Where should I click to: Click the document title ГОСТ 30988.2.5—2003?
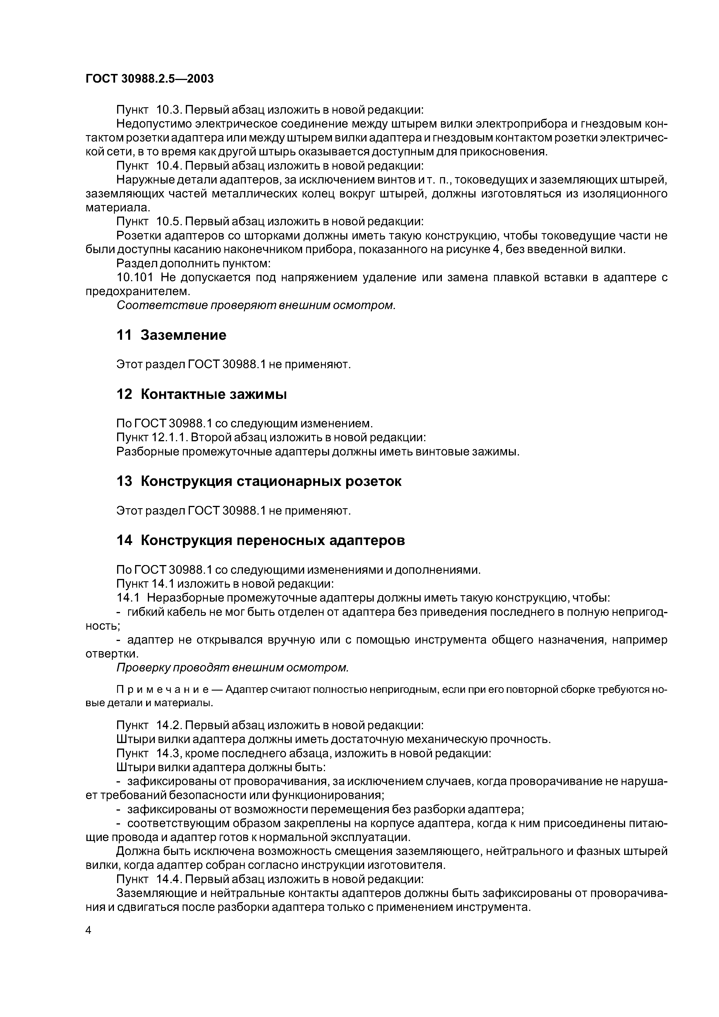point(149,79)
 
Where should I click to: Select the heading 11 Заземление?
point(171,335)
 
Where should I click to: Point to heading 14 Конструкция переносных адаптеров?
point(260,540)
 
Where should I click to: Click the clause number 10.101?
point(135,278)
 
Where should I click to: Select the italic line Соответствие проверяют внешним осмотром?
point(256,306)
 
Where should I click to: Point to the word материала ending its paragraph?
point(117,207)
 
